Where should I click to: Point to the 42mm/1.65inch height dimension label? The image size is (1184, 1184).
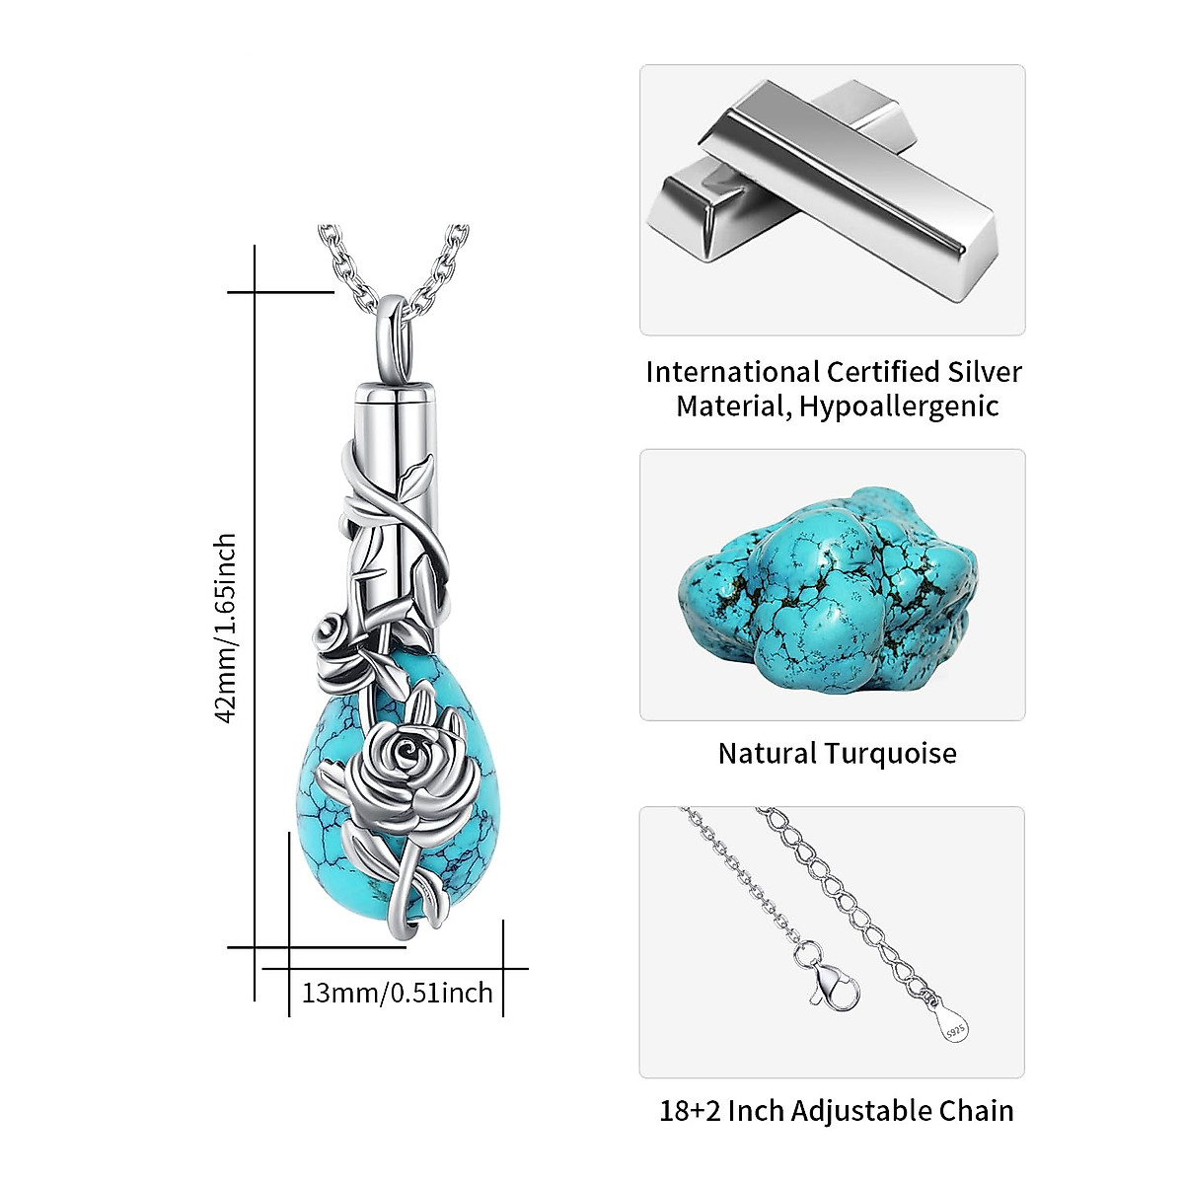227,628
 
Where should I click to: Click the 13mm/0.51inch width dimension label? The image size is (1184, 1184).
397,992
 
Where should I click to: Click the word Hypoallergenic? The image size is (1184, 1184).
899,406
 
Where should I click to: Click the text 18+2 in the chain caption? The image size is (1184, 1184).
690,1111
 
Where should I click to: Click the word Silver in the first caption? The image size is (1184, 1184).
984,372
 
